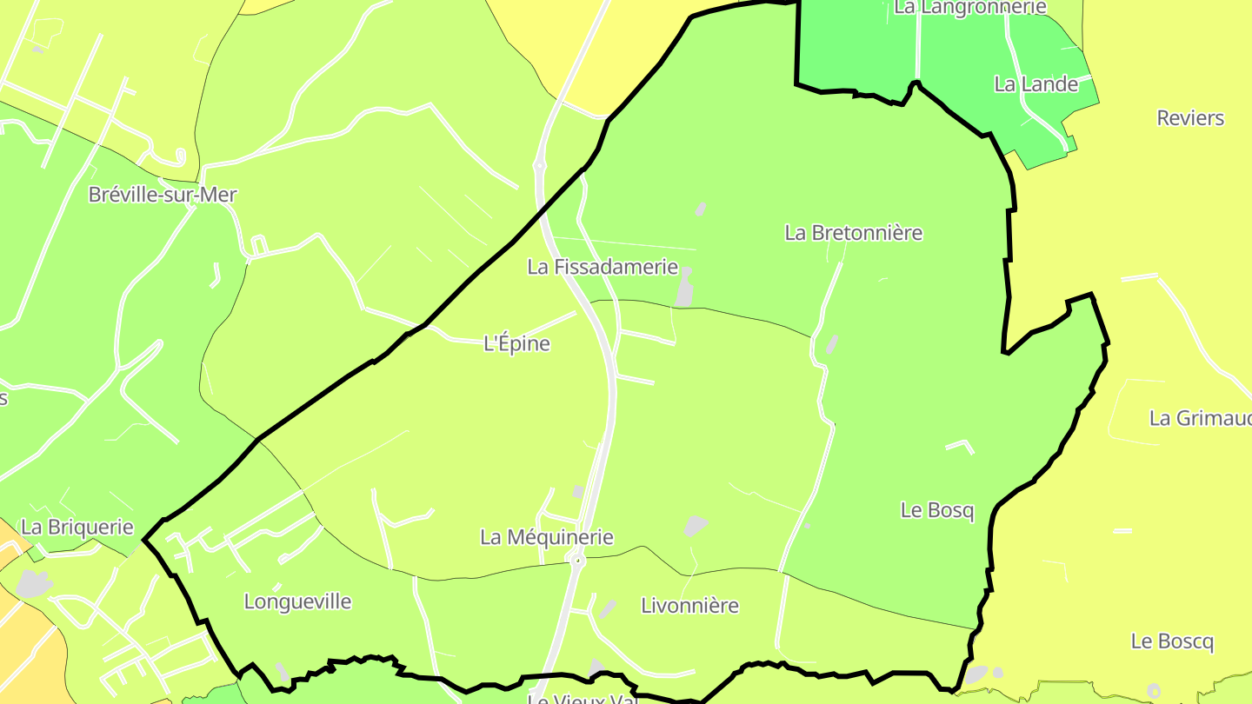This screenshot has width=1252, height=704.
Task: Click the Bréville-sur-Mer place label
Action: coord(163,195)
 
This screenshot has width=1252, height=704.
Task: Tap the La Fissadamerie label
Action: coord(603,267)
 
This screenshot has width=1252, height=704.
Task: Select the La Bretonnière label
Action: coord(853,233)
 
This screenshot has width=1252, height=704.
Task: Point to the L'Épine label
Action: coord(516,343)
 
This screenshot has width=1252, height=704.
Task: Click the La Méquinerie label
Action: coord(546,537)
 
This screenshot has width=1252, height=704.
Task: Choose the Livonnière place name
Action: coord(689,606)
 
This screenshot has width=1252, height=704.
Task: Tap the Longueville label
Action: coord(297,601)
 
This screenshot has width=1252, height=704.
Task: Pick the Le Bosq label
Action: coord(937,510)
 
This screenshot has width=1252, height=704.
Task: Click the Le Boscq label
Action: coord(1172,641)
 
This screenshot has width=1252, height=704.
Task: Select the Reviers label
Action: coord(1190,118)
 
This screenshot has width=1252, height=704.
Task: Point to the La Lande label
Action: coord(1036,84)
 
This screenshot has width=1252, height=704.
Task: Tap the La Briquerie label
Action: coord(77,527)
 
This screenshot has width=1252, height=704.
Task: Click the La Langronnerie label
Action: coord(969,8)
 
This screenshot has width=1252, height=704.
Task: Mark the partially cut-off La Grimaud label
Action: coord(1200,418)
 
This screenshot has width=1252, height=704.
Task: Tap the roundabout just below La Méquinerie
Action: coord(577,561)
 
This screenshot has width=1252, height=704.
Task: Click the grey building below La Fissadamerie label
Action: coord(685,289)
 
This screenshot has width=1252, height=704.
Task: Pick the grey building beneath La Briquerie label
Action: coord(33,583)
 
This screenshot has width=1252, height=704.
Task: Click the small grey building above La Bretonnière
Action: coord(700,209)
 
